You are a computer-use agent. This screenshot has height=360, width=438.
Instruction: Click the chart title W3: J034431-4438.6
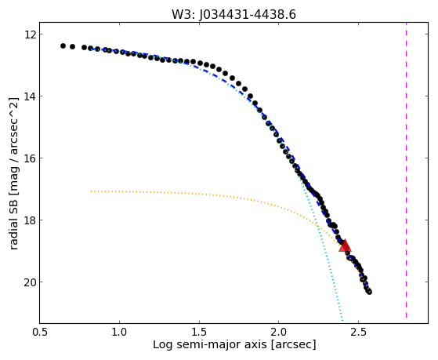[x=233, y=15]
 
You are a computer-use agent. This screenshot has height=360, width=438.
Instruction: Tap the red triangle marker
[x=345, y=245]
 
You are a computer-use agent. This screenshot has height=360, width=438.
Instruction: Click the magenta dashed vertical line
[x=406, y=170]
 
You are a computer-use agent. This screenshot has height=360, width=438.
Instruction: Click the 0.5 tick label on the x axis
[x=40, y=332]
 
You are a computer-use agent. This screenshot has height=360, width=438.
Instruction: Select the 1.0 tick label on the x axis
[x=119, y=332]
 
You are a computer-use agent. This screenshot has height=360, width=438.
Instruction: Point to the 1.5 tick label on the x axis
[x=199, y=332]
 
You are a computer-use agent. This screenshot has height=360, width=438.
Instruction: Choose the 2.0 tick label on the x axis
[x=279, y=332]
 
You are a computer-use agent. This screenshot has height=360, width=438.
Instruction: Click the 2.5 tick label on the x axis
[x=359, y=332]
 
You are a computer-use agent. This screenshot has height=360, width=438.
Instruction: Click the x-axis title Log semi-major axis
[x=209, y=344]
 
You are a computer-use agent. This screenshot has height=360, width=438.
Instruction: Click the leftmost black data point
[x=63, y=45]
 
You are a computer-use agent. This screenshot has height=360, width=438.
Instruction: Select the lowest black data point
[x=369, y=292]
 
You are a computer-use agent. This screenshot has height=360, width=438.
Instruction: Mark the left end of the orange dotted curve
[x=91, y=191]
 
